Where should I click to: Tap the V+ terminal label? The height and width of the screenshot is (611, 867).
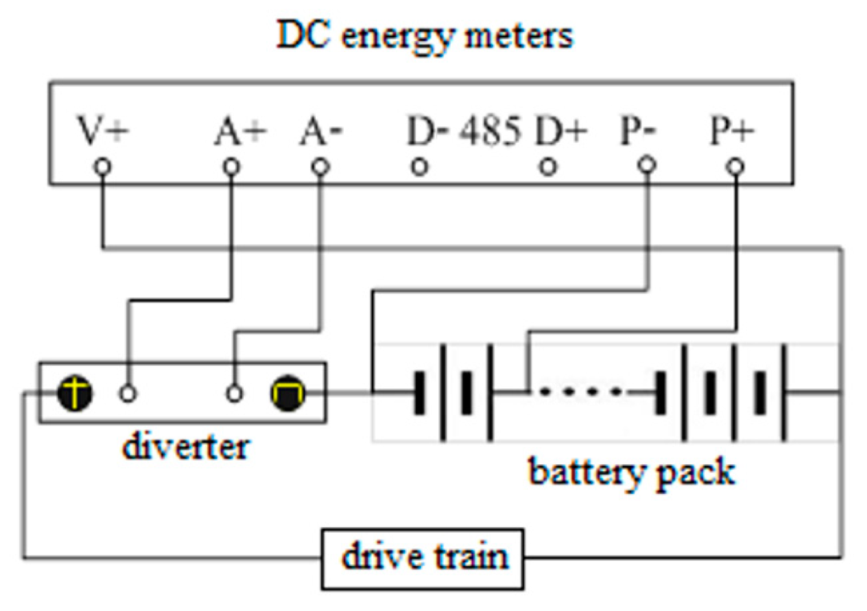coord(103,130)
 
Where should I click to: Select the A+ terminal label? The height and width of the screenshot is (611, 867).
coord(240,130)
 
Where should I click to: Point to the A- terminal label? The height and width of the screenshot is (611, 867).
coord(321,130)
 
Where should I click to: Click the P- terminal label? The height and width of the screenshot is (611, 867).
coord(638,130)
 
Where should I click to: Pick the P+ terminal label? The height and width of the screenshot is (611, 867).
coord(732,130)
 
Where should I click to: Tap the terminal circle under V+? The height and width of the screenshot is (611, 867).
coord(102,167)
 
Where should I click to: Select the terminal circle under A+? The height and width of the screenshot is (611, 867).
coord(231,167)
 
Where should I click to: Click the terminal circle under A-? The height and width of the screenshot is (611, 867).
coord(320,167)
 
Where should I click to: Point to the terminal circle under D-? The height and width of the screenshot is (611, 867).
coord(419,167)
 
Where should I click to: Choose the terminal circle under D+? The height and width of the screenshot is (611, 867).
coord(548,167)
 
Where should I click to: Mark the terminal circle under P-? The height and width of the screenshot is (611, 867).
coord(647,164)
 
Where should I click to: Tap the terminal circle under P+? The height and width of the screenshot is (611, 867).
coord(735,167)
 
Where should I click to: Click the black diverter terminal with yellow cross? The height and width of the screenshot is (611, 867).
coord(75,393)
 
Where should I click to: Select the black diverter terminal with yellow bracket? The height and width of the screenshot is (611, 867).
coord(288,392)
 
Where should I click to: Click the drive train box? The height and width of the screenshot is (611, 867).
coord(423,559)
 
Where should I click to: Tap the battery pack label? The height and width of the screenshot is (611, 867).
coord(632,473)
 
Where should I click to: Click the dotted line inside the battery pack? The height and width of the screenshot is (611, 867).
coord(581,391)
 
